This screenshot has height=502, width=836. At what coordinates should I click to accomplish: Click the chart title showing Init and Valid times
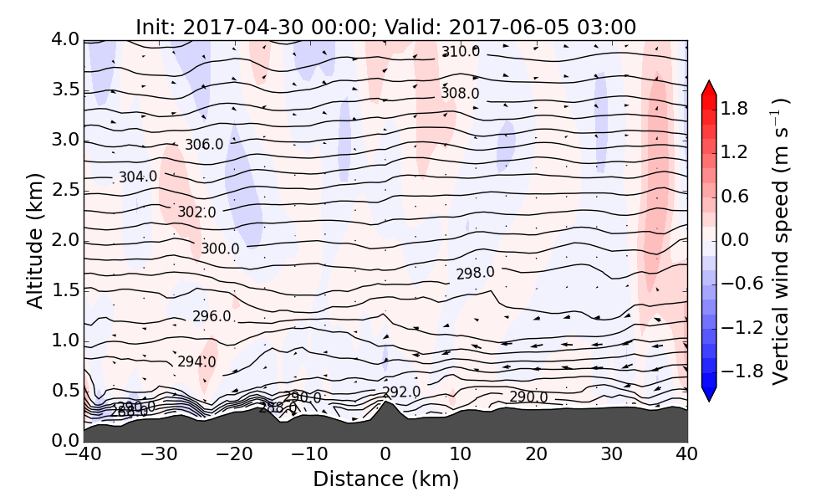coord(385,27)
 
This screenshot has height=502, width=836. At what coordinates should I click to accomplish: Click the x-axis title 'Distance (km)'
coord(385,479)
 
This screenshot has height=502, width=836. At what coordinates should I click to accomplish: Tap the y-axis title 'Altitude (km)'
coord(34,241)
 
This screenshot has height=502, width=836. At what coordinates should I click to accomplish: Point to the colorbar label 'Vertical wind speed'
coord(780,241)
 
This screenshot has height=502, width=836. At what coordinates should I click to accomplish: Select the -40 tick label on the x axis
coord(84,455)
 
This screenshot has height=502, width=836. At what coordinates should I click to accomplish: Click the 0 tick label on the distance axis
coord(385,455)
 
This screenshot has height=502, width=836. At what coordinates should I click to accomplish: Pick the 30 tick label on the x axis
coord(612,455)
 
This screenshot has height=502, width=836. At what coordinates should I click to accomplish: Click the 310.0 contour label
coord(461,52)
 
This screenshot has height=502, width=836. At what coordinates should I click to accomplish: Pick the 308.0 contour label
coord(460,93)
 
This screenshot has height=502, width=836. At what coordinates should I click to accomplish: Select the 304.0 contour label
coord(137,177)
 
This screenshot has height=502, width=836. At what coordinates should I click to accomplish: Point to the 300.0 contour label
coord(220,248)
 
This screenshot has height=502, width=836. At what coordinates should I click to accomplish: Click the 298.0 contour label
coord(475,274)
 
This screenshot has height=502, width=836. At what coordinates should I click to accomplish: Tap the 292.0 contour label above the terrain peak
coord(400,392)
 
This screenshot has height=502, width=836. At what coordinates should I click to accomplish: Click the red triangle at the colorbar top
coord(709,88)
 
